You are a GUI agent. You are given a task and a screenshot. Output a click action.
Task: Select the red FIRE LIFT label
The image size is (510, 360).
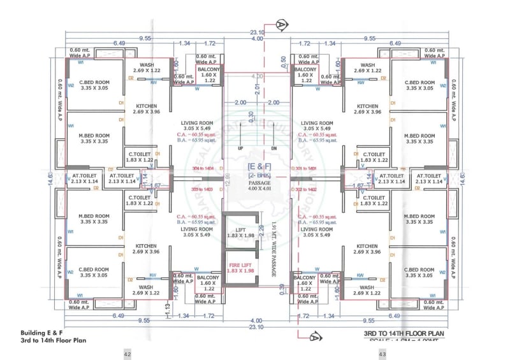click(x=240, y=268)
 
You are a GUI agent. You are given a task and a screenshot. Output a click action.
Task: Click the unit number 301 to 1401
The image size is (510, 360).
click(x=304, y=168)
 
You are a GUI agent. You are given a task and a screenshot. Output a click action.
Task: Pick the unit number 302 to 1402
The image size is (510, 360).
click(x=304, y=189)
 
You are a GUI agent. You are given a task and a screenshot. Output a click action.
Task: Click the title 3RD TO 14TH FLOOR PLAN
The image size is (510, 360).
click(x=400, y=333)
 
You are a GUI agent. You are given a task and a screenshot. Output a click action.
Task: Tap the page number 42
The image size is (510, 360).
click(x=127, y=354)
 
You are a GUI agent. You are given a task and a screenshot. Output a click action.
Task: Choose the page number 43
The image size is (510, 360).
click(x=382, y=354)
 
